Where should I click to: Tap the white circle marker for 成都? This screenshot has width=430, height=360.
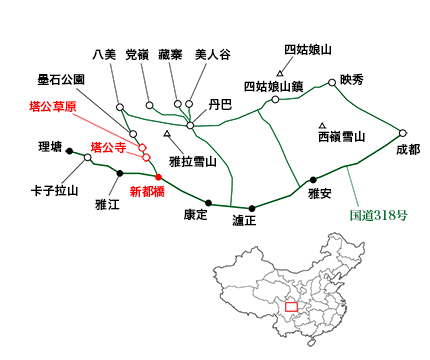403,132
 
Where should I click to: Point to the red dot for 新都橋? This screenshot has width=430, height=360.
158,177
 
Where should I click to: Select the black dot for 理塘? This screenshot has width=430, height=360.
69,151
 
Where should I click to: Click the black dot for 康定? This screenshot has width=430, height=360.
209,202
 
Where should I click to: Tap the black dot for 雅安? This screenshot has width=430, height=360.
314,180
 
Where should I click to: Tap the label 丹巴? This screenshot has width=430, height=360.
220,103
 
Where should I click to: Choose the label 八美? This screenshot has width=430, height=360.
103,54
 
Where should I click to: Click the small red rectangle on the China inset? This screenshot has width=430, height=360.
291,305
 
